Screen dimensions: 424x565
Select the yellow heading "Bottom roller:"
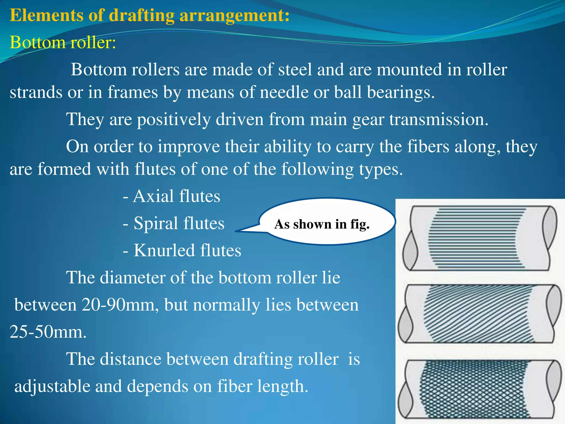click(x=63, y=43)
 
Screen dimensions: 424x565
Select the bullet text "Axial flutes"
click(x=176, y=196)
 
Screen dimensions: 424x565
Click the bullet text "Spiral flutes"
click(x=179, y=223)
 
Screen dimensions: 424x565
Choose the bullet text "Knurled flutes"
click(x=187, y=250)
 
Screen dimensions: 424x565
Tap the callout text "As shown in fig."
click(x=322, y=224)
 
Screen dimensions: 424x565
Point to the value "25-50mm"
click(x=48, y=332)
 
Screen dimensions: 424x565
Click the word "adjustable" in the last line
click(x=52, y=386)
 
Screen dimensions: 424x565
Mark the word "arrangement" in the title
click(x=234, y=15)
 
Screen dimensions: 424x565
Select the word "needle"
click(x=284, y=92)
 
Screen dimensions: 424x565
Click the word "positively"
click(x=174, y=119)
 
